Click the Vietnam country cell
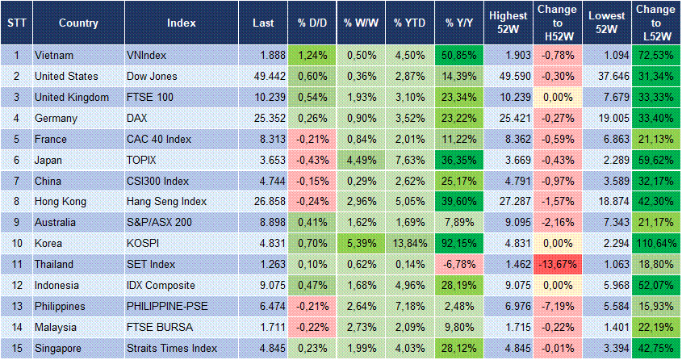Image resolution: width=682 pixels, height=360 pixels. pos(53,55)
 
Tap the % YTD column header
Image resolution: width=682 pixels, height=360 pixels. pos(410,23)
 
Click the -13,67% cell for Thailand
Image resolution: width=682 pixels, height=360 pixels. pos(557,264)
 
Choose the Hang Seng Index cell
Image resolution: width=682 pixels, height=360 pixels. pos(167,201)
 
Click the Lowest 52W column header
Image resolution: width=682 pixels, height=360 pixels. pos(605,23)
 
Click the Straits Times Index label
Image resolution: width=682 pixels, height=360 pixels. pos(172,347)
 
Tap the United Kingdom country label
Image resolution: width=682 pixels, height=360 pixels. pos(72,97)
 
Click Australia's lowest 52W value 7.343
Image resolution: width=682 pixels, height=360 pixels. pos(605,222)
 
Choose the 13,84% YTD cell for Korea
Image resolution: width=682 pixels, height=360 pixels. pos(410,243)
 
